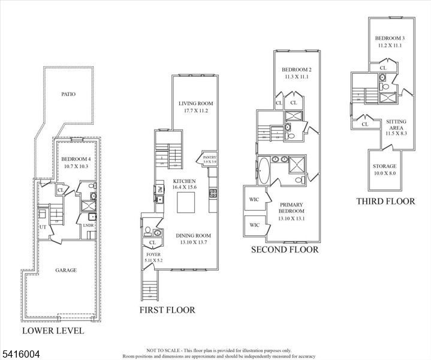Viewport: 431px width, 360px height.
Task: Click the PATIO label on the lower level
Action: (x=68, y=94)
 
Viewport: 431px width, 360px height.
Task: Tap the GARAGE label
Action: (x=66, y=270)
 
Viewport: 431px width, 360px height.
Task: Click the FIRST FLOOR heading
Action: (x=167, y=310)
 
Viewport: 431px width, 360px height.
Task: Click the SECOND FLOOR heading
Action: (x=284, y=249)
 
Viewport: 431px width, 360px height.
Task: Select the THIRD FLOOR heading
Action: (x=385, y=201)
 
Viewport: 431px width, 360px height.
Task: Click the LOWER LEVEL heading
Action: (x=53, y=331)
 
